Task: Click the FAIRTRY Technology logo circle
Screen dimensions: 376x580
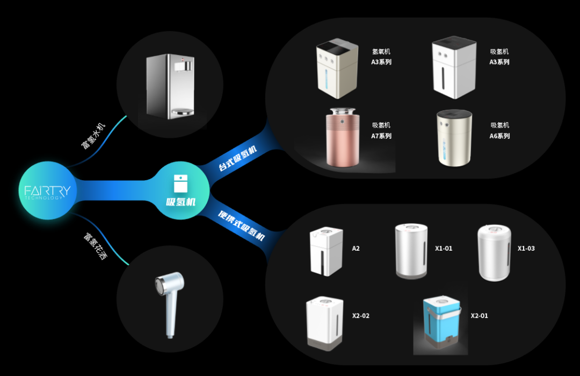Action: pos(47,190)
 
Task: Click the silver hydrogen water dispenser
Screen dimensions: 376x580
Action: pos(170,86)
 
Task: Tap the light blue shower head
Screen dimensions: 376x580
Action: pos(169,301)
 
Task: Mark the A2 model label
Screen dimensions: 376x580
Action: pos(356,249)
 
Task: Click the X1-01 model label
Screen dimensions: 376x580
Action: pos(444,249)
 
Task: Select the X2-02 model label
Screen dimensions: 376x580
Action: pos(361,316)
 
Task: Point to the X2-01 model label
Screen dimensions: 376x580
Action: pos(480,316)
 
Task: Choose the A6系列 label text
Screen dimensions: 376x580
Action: pos(499,131)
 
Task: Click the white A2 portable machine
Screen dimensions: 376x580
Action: pos(326,252)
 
